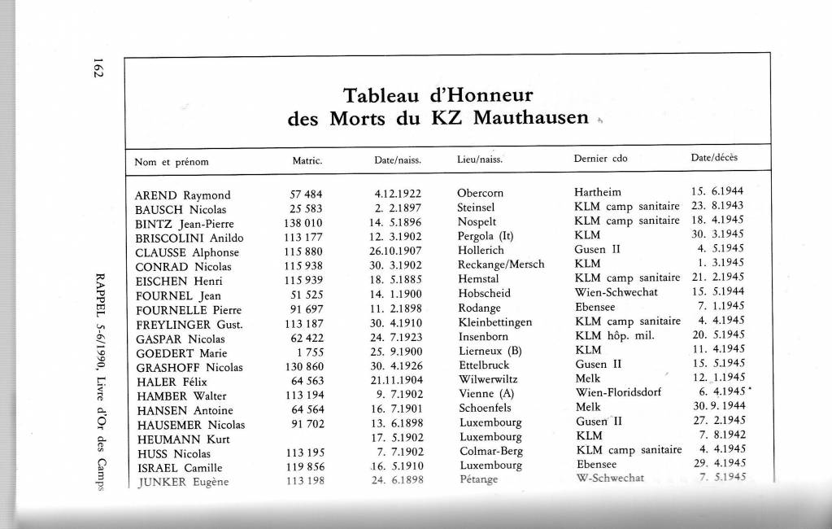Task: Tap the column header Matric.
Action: point(307,161)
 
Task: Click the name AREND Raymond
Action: point(182,195)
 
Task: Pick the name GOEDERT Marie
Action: point(181,352)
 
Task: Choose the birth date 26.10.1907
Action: point(394,251)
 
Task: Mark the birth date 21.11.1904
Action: point(394,380)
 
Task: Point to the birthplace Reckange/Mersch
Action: point(501,264)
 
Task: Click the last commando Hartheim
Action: point(597,192)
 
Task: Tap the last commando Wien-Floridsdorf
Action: point(618,394)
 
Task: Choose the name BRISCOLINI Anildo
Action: point(189,238)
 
